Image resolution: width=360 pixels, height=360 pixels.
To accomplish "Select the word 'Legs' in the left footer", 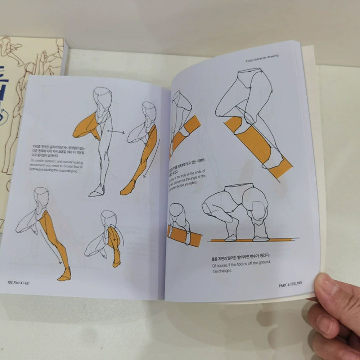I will click(26, 283).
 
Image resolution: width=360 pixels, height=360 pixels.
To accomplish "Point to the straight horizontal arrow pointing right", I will click(116, 132).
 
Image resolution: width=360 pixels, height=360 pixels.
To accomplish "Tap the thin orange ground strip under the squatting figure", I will click(252, 240).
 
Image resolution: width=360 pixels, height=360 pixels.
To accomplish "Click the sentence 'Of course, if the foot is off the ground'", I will click(241, 266).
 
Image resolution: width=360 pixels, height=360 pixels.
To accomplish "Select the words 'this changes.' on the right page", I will click(220, 271).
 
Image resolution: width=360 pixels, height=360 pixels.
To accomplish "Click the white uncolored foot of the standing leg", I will click(96, 193).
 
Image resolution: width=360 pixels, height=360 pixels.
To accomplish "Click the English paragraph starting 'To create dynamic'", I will click(51, 167).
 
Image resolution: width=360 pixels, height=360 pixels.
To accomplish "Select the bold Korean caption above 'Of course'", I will click(240, 257).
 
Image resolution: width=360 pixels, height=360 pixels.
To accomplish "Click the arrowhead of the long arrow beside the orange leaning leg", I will click(144, 176).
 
